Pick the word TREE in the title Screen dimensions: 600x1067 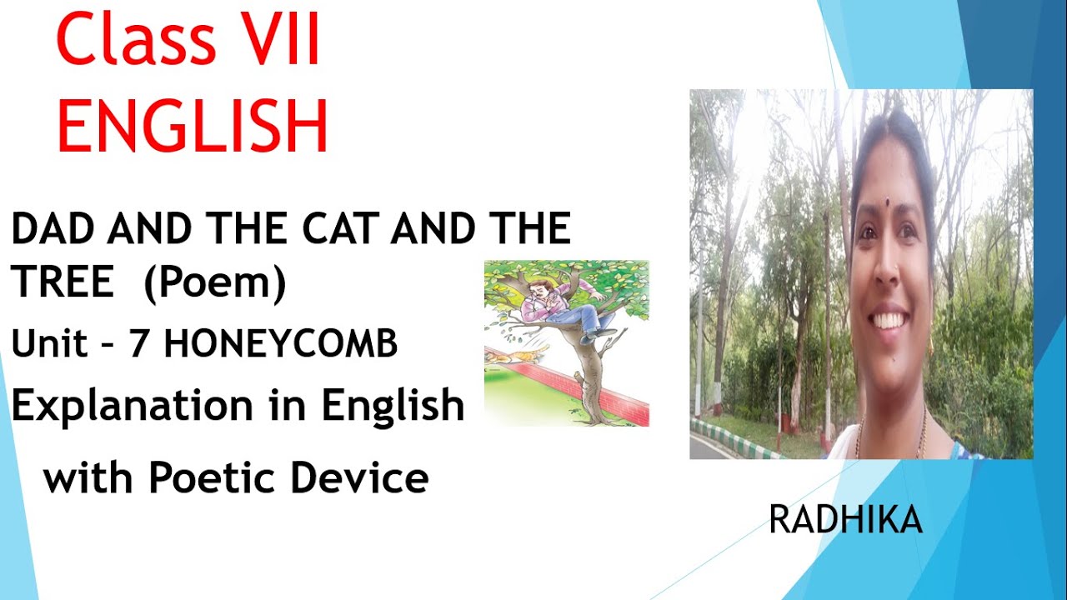coord(63,284)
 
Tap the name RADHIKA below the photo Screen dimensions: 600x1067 coord(845,521)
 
